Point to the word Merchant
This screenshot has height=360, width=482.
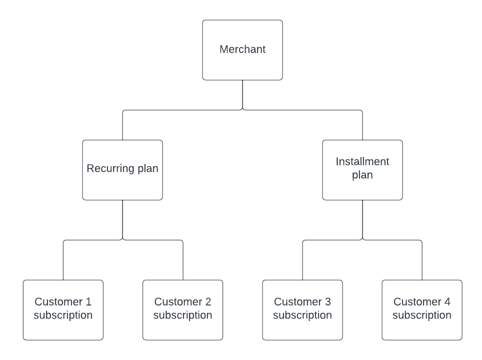242,49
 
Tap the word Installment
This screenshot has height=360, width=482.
362,161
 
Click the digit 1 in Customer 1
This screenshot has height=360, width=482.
88,302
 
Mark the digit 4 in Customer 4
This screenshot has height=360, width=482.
447,302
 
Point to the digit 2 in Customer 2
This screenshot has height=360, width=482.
208,302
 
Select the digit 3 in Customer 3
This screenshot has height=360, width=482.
328,302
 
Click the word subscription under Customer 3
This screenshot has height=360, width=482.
302,315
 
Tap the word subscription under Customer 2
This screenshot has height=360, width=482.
182,315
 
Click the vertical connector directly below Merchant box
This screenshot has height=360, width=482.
242,94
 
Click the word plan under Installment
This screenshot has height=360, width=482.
362,175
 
